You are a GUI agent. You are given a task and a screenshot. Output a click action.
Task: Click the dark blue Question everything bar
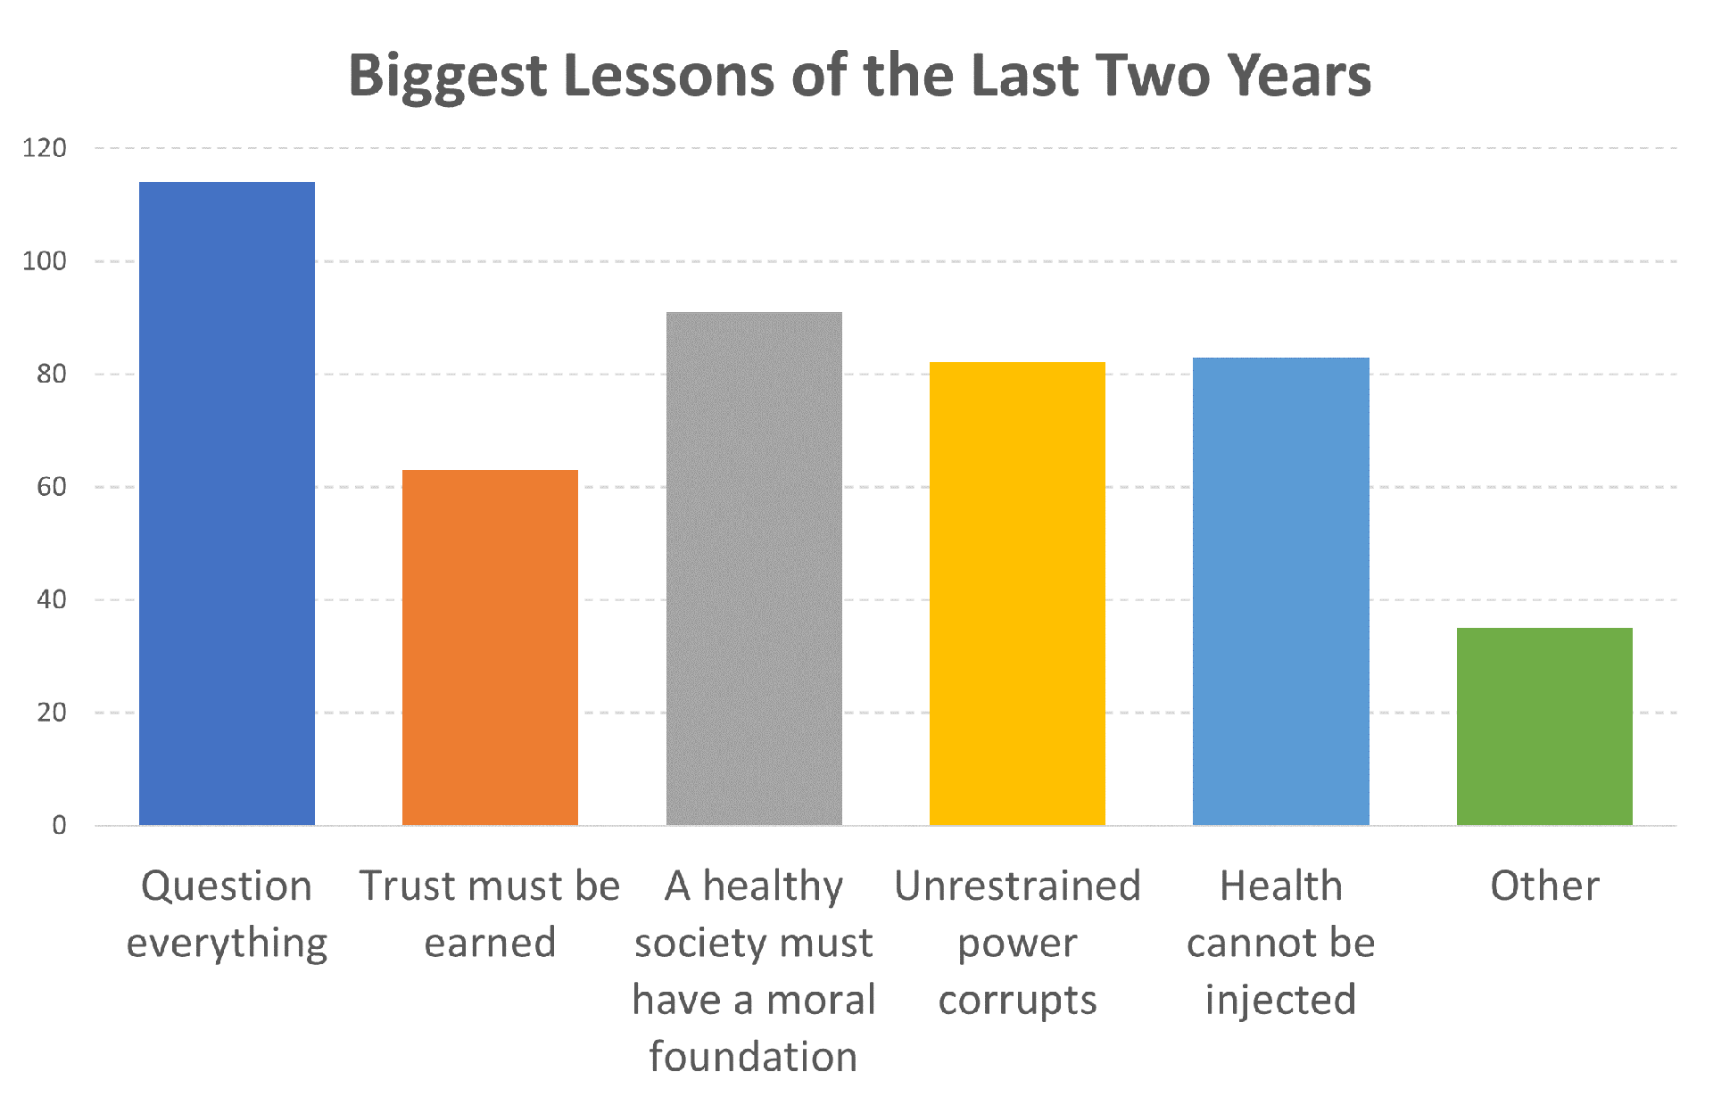click(x=227, y=504)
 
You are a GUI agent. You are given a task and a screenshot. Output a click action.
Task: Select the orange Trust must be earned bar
click(x=490, y=647)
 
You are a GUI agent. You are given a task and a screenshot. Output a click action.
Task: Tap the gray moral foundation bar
click(x=754, y=569)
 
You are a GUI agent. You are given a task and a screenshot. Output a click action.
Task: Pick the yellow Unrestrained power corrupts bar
click(x=1017, y=594)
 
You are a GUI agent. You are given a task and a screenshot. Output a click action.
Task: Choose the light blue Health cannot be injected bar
click(x=1280, y=591)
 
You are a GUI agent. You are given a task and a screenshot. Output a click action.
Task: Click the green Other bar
click(x=1544, y=727)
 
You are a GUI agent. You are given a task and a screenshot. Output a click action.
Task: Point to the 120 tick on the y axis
click(x=45, y=148)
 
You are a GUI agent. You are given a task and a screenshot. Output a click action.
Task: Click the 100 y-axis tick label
click(x=45, y=261)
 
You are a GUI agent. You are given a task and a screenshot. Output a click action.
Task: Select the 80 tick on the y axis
click(x=51, y=375)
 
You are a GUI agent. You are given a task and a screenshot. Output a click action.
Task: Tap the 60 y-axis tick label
click(x=51, y=487)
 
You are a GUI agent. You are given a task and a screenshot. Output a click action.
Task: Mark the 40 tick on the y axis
click(x=51, y=600)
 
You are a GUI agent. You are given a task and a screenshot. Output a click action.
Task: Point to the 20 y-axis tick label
click(x=51, y=713)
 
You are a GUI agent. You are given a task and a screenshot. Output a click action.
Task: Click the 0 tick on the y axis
click(x=59, y=826)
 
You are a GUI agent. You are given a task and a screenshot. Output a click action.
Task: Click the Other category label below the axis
click(x=1544, y=886)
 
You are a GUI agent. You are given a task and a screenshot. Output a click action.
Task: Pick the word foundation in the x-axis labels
click(x=753, y=1057)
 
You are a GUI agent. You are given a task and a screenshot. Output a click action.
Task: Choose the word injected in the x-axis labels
click(x=1280, y=1000)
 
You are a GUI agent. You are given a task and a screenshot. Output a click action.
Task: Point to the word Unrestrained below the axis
click(x=1017, y=886)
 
